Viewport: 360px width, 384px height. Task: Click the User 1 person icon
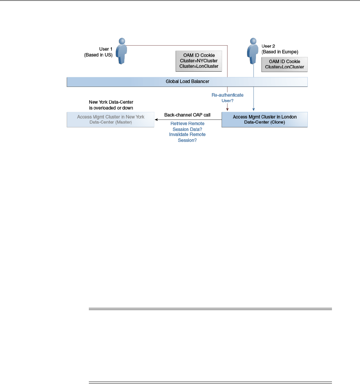pos(122,51)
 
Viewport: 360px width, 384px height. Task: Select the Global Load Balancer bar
pos(187,82)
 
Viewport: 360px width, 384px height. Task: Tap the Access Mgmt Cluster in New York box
pos(111,119)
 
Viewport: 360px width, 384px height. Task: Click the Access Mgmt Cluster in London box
pos(265,119)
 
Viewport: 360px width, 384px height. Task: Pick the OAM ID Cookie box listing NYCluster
pos(199,61)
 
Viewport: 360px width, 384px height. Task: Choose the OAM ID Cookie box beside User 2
pos(284,64)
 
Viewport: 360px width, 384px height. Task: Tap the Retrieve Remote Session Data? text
pos(187,126)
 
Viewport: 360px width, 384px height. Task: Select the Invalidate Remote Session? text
pos(187,137)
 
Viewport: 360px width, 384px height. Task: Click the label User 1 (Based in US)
pos(98,52)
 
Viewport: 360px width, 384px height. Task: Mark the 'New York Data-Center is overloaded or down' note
pos(111,104)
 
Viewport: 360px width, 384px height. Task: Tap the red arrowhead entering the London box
pos(227,110)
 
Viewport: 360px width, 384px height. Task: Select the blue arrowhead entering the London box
pos(254,110)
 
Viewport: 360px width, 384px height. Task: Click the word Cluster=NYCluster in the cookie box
pos(199,61)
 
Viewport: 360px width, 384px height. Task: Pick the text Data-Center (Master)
pos(111,122)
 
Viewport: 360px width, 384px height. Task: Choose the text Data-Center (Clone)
pos(265,122)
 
